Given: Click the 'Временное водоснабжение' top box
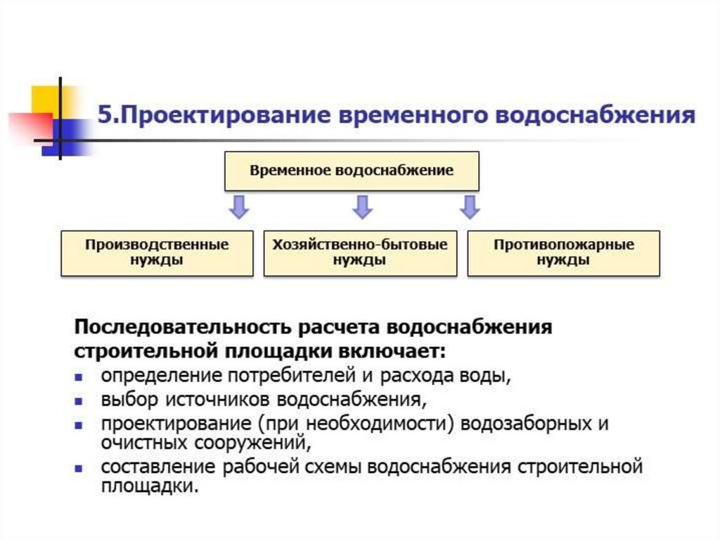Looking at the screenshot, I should [x=352, y=171].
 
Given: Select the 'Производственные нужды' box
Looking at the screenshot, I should [x=157, y=252].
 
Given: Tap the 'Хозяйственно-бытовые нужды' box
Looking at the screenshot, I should [x=359, y=252].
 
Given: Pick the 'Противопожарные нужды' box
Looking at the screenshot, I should [x=563, y=252].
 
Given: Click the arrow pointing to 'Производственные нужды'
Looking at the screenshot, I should [x=239, y=207].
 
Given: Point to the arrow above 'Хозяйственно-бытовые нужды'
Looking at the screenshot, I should [x=361, y=207].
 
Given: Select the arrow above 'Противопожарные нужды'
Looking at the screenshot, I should [x=469, y=207].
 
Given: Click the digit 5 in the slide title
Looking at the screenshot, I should [x=104, y=115].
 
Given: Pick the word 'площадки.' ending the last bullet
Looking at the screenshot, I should [x=149, y=486].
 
